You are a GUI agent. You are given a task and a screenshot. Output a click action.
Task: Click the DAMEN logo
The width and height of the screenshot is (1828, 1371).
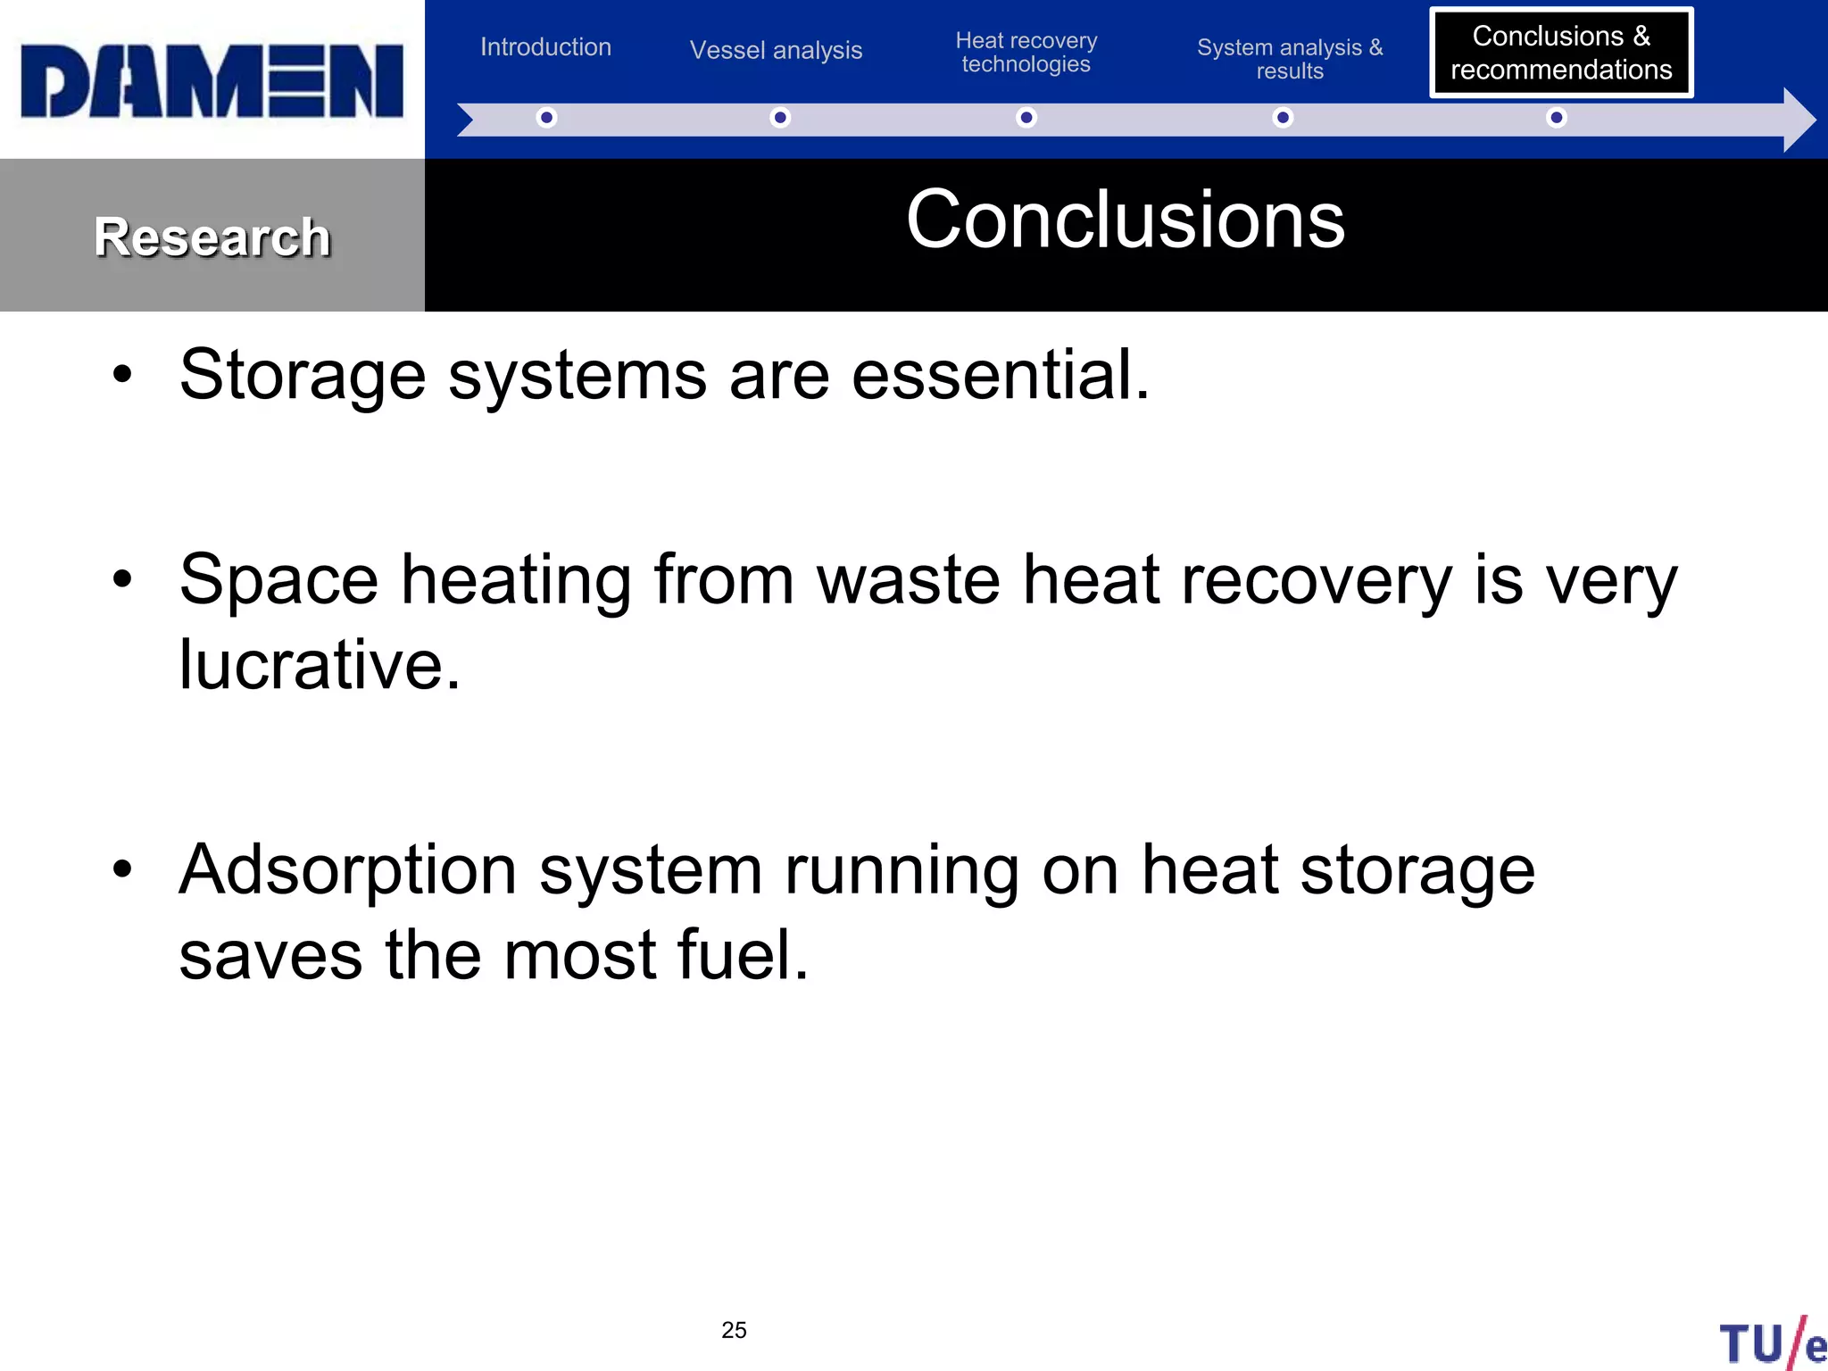[x=212, y=80]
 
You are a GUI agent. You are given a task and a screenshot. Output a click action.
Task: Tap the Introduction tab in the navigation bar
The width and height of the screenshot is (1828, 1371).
[x=545, y=46]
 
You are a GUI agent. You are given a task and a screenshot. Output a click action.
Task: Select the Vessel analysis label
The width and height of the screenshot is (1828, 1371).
[x=776, y=50]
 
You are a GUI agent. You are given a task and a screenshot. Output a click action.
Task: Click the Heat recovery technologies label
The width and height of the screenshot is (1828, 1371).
[x=1026, y=53]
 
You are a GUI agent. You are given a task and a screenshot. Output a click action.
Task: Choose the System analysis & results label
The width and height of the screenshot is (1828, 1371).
[x=1289, y=59]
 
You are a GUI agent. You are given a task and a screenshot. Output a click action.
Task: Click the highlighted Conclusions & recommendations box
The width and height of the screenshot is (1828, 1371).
[x=1560, y=53]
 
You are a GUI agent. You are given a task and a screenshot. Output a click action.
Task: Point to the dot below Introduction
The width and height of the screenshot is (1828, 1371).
[x=546, y=118]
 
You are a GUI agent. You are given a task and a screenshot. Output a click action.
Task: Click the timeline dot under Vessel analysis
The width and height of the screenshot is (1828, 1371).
[x=780, y=118]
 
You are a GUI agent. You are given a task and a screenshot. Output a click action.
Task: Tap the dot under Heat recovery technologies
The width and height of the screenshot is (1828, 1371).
[x=1026, y=118]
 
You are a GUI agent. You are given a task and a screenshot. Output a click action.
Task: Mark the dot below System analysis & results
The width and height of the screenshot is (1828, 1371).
[x=1283, y=118]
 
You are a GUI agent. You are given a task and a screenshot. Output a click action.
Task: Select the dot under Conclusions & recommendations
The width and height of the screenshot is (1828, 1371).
[x=1556, y=118]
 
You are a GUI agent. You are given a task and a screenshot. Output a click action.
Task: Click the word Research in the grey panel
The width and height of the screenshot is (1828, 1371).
[x=212, y=237]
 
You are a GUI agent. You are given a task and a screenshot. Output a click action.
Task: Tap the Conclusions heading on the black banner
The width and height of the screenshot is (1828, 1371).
[x=1125, y=220]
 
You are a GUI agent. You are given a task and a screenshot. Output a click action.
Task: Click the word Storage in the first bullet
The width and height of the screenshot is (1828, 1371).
[x=302, y=376]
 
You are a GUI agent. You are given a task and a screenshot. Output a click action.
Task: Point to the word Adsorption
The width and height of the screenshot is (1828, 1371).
[x=347, y=869]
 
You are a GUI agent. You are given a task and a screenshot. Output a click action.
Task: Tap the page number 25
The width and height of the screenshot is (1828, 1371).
[x=734, y=1330]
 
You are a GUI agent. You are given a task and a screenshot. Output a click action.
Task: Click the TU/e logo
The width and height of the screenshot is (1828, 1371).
[x=1773, y=1342]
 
